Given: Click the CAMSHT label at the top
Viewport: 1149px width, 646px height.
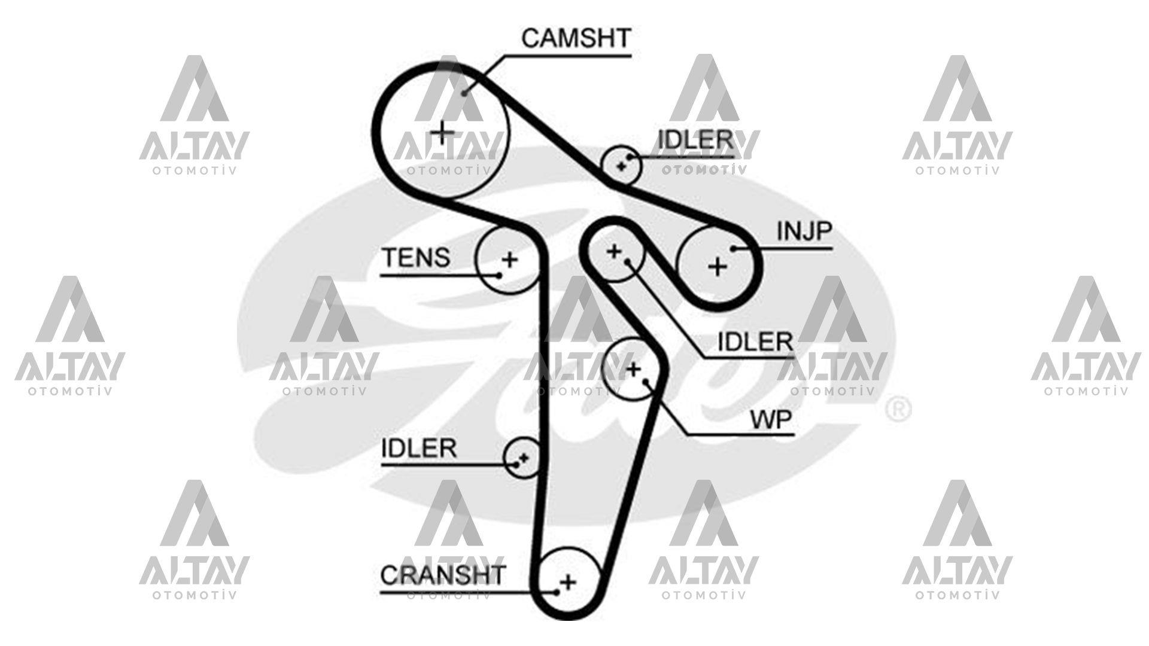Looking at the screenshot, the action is (x=576, y=38).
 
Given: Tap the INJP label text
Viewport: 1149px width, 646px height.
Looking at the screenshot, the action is (x=804, y=231).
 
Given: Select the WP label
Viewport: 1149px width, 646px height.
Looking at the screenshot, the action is (x=771, y=420).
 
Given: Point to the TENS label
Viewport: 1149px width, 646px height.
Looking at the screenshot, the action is (x=416, y=258).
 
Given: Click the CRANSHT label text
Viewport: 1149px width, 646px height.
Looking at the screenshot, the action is (x=443, y=575).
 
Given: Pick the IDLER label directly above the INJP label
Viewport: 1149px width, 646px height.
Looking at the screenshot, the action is (x=695, y=140).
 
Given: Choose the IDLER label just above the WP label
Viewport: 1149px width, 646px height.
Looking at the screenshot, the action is (x=755, y=342).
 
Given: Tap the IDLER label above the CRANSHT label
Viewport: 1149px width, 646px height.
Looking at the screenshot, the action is (x=419, y=448).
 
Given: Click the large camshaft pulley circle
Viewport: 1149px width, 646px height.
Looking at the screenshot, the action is (x=442, y=132).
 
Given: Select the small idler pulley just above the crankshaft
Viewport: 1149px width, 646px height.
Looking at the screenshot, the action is (x=522, y=458).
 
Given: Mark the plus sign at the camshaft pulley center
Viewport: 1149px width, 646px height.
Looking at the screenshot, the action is (x=442, y=132).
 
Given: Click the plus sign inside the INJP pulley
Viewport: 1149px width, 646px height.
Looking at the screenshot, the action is (x=717, y=266).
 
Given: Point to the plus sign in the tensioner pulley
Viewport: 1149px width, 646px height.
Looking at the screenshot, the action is (x=509, y=260).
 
